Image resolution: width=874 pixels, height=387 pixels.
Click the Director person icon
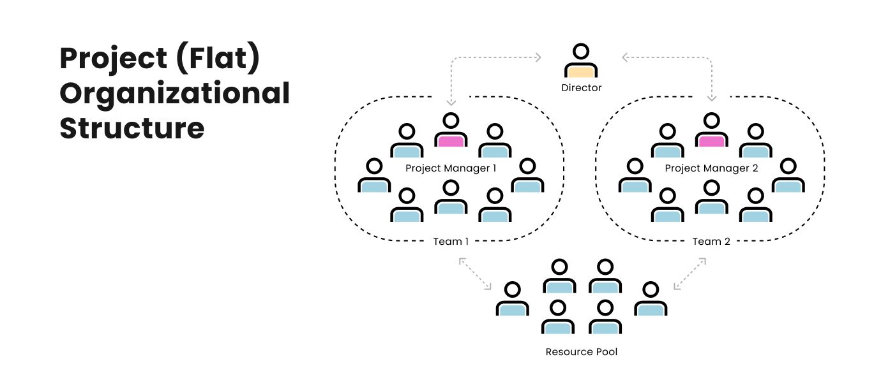(x=581, y=61)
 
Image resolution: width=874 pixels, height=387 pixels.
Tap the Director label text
(x=581, y=88)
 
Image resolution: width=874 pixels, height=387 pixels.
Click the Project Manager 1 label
(x=451, y=168)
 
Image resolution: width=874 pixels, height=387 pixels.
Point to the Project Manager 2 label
(x=712, y=168)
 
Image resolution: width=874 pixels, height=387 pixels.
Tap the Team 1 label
(x=451, y=242)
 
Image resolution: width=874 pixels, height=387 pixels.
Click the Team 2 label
(x=711, y=242)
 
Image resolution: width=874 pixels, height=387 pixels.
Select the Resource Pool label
(x=582, y=352)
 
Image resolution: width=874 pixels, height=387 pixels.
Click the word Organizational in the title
(x=175, y=94)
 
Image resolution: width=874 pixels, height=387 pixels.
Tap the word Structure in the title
(x=132, y=128)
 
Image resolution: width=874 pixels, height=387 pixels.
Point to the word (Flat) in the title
(x=218, y=59)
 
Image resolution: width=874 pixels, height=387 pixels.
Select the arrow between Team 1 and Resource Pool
(x=475, y=274)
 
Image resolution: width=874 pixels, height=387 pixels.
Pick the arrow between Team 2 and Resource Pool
(x=689, y=274)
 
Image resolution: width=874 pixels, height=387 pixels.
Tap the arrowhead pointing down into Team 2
(x=712, y=98)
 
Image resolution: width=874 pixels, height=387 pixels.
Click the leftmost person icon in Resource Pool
(x=513, y=300)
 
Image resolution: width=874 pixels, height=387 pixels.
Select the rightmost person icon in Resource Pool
(x=651, y=300)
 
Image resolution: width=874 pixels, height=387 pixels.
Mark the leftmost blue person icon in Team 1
(x=374, y=176)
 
